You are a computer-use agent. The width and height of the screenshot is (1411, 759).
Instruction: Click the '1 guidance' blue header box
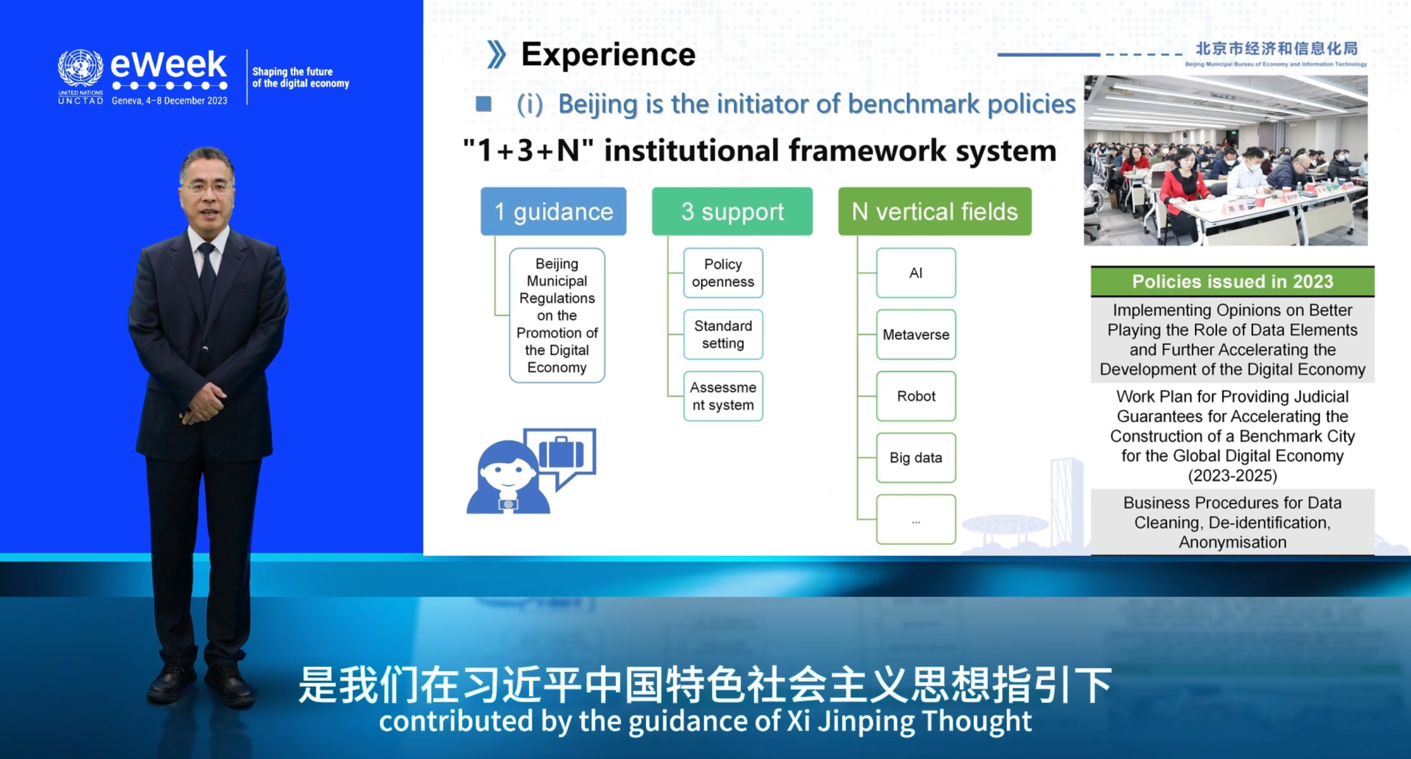click(553, 212)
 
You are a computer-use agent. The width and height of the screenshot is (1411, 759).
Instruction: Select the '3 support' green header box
click(732, 212)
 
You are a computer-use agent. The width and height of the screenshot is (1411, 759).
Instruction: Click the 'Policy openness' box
click(723, 273)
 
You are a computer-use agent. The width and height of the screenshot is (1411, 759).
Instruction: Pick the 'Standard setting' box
click(723, 334)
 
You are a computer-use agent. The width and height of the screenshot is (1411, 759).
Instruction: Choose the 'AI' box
click(916, 273)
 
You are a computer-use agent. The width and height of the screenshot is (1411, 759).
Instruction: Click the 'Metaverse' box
click(916, 334)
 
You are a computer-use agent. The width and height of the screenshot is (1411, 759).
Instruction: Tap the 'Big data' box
click(916, 458)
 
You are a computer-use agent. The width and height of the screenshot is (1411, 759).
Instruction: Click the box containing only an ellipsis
click(916, 519)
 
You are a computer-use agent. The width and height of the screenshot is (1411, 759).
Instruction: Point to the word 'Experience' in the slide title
click(608, 55)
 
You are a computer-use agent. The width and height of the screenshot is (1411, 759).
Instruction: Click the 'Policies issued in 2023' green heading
click(1232, 282)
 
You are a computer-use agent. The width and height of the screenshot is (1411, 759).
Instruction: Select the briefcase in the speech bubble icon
click(561, 453)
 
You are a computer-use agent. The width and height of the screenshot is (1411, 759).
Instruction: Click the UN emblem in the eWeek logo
click(80, 68)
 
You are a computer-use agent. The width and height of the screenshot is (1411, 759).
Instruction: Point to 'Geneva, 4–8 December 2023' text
click(169, 101)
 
